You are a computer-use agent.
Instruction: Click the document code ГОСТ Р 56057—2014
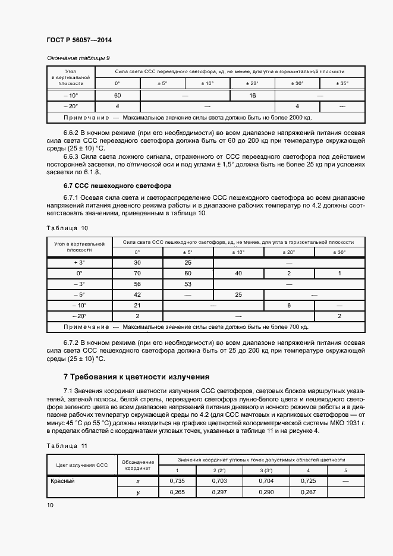[79, 40]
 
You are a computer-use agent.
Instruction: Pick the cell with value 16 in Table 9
[252, 95]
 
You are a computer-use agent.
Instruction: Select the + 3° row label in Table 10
[80, 262]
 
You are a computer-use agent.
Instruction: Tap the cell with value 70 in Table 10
[137, 273]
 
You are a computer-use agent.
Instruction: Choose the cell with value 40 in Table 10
[238, 273]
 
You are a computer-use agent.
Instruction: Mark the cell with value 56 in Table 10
[137, 284]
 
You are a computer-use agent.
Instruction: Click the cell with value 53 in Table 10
[188, 284]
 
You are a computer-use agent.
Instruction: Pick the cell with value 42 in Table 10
[137, 294]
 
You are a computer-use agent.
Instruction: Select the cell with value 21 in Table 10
[137, 305]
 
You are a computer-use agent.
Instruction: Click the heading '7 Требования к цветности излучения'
[136, 377]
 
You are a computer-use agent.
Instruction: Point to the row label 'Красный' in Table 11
[63, 480]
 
